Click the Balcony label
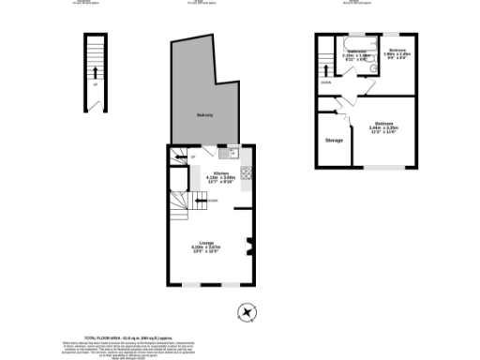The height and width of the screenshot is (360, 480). tap(204, 114)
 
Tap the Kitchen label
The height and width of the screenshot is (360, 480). tap(221, 173)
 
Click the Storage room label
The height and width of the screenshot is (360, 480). tap(334, 141)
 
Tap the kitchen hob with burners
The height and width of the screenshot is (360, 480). tap(246, 173)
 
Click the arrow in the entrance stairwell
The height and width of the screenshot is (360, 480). tap(94, 71)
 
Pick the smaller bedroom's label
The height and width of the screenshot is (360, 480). tap(397, 49)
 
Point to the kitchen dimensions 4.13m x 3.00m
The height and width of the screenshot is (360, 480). tap(221, 179)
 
